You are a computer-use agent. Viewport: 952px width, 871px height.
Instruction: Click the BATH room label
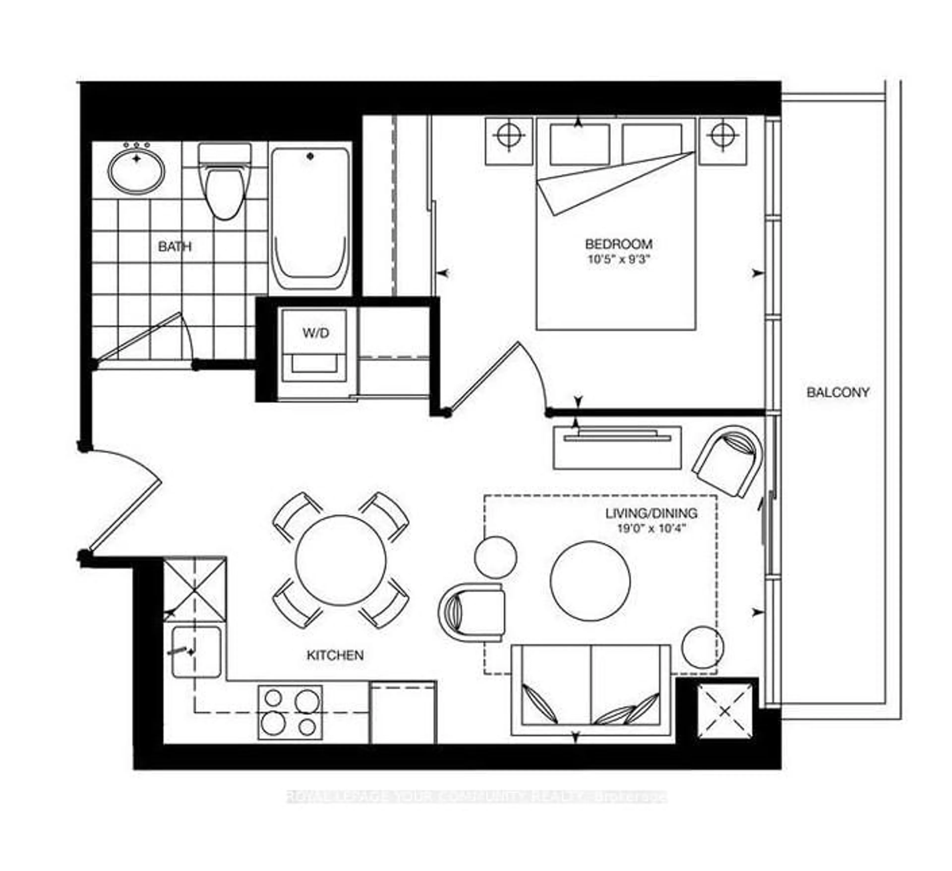(175, 246)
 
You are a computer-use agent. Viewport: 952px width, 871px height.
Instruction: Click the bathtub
(310, 220)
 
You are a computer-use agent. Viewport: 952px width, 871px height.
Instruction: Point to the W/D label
(315, 333)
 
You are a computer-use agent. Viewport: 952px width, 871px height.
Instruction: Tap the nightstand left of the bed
(509, 141)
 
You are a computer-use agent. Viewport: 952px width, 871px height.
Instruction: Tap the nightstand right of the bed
(722, 141)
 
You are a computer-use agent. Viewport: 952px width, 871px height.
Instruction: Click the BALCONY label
(838, 392)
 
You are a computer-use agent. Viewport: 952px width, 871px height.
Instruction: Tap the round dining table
(340, 560)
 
